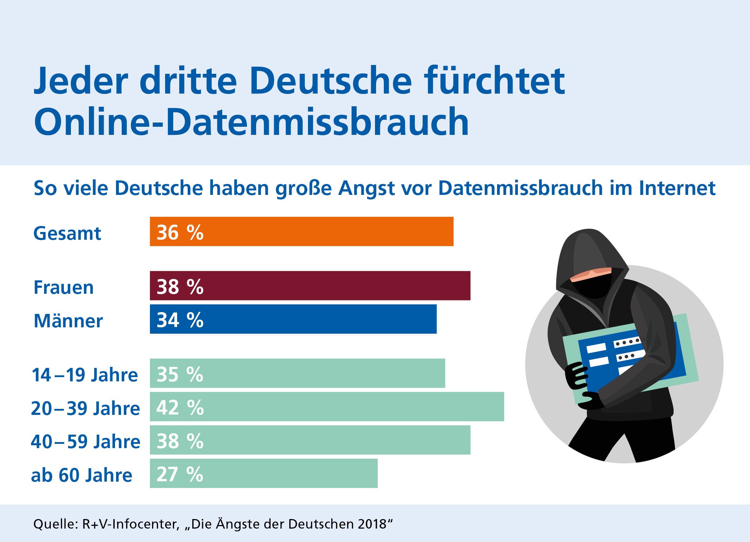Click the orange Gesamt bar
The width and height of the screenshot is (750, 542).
[x=302, y=232]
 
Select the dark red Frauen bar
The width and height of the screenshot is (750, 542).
[x=310, y=286]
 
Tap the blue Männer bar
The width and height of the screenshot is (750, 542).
[x=293, y=319]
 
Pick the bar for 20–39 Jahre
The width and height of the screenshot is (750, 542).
[x=327, y=407]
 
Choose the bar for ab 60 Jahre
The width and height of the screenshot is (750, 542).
[x=264, y=473]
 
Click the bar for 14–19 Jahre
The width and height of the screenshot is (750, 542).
[x=297, y=373]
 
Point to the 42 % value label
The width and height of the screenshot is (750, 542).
[x=180, y=407]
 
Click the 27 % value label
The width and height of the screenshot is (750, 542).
[x=180, y=474]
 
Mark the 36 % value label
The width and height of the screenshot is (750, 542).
[x=180, y=233]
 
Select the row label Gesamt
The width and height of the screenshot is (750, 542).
[x=67, y=233]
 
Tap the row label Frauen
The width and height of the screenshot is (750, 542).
[x=63, y=287]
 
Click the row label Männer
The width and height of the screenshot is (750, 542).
[x=68, y=321]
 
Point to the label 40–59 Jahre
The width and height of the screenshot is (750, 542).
[x=86, y=442]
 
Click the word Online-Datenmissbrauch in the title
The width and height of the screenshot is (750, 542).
[x=251, y=122]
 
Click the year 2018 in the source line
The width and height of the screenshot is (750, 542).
[x=372, y=524]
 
